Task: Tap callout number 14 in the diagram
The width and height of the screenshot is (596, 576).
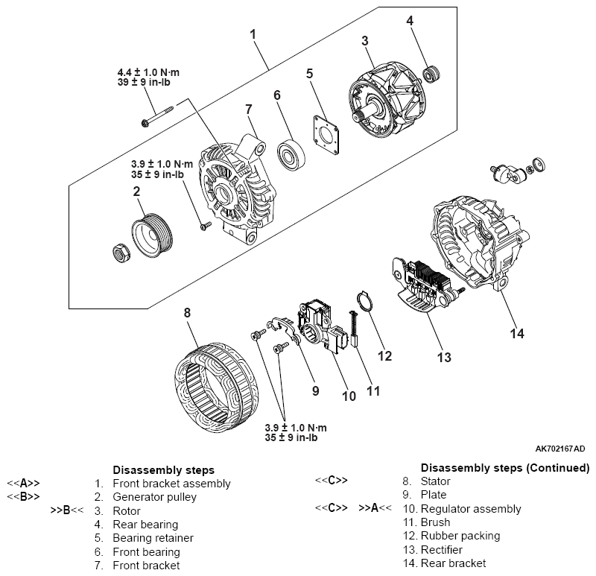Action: coord(516,333)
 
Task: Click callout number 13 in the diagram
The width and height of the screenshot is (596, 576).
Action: coord(444,358)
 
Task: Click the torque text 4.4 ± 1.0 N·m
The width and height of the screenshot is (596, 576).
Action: coord(148,72)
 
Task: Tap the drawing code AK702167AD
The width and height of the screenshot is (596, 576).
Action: coord(560,449)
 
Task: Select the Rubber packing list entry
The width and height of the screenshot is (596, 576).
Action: coord(461,536)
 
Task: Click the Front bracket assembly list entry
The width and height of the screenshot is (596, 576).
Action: coord(171,483)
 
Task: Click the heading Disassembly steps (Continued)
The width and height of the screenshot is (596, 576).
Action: coord(504,468)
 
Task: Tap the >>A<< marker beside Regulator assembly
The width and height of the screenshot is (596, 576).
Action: coord(375,509)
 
